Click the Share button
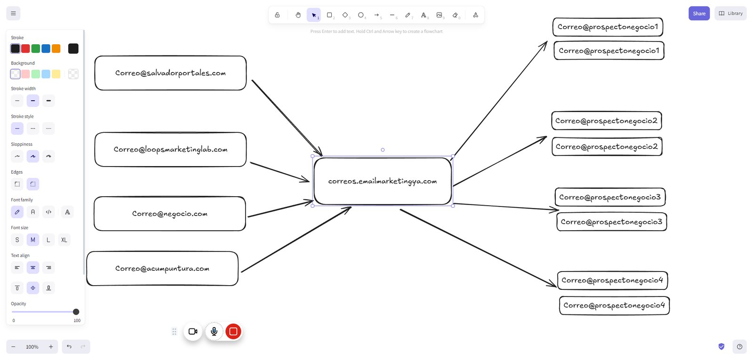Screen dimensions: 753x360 (699, 14)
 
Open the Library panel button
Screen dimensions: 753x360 (730, 14)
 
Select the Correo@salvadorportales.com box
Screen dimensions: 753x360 (170, 73)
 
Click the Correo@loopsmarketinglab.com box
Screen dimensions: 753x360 (170, 149)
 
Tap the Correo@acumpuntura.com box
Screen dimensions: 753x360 (162, 269)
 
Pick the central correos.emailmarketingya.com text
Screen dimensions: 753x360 (383, 181)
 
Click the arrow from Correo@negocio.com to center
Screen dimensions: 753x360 (280, 208)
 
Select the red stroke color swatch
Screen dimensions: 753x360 (25, 48)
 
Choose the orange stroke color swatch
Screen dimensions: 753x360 (56, 48)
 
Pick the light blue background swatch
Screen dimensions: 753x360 (46, 74)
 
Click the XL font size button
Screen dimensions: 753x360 (64, 240)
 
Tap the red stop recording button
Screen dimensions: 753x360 (233, 331)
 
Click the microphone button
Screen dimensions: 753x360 (214, 331)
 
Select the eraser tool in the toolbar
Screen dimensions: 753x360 (456, 15)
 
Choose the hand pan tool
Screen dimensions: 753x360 (298, 15)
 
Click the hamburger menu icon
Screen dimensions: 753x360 (14, 14)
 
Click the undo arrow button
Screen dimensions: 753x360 (69, 346)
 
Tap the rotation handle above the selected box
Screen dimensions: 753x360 (383, 150)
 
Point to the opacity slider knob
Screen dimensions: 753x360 (76, 312)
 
